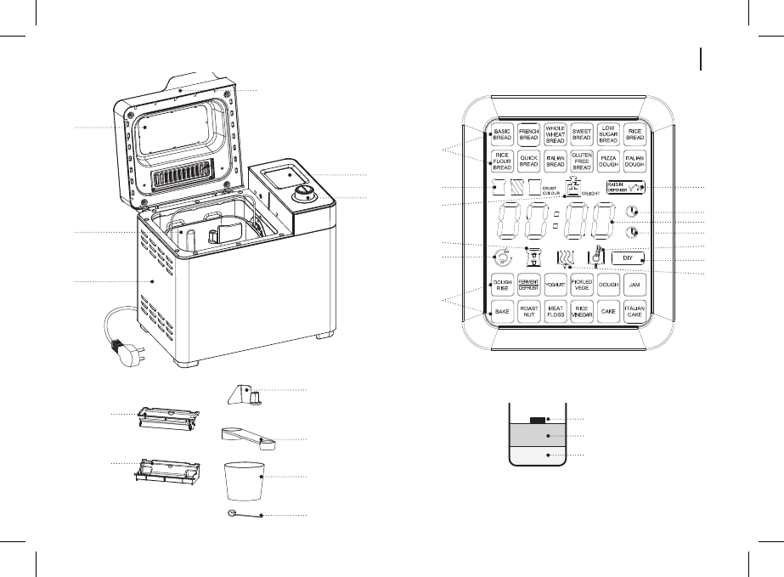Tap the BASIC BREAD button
[502, 134]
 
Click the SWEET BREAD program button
[582, 134]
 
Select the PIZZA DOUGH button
[608, 161]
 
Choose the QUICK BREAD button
[529, 161]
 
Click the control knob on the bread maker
[302, 197]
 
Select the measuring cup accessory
[243, 482]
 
